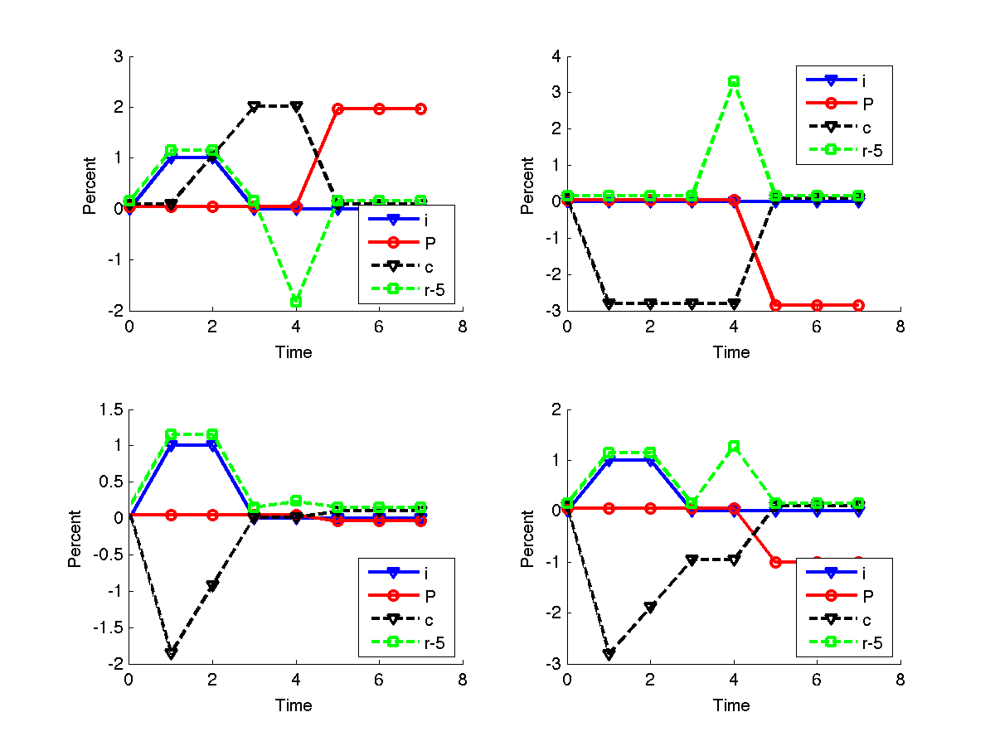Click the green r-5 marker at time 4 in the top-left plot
pos(296,301)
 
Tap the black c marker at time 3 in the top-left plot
pos(254,107)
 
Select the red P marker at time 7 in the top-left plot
pos(420,109)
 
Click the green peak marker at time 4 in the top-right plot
pos(734,82)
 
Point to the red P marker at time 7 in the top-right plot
pos(858,305)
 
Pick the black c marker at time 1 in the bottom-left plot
pos(171,652)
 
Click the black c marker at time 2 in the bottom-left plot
pos(212,585)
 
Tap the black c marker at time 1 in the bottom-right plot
pos(609,654)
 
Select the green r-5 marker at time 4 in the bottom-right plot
pos(734,447)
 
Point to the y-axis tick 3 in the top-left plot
pos(119,57)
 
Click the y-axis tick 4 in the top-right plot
pos(556,57)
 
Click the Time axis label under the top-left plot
pos(294,352)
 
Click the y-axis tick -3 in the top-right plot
pos(553,312)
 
